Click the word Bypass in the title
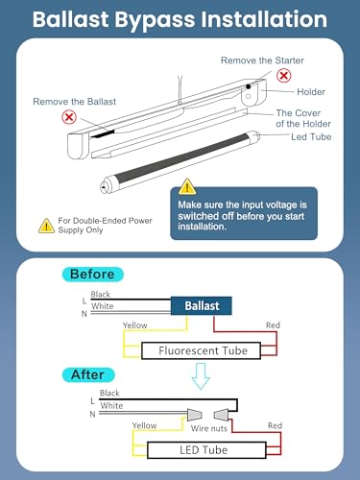point(155,20)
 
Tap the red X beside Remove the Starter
point(284,76)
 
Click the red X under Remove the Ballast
point(69,117)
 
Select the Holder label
point(311,92)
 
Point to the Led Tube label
point(311,137)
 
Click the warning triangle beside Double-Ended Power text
point(46,226)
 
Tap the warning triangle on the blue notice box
point(187,186)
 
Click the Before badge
point(92,275)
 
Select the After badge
point(88,374)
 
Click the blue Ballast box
point(202,305)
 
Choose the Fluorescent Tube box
point(202,350)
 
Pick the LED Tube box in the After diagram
point(206,450)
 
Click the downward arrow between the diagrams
point(201,375)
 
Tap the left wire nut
point(195,415)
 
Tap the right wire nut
point(222,415)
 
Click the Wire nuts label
point(209,428)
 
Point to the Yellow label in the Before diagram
point(135,325)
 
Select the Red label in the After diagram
point(275,425)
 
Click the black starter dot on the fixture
point(249,86)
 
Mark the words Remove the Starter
point(262,60)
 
